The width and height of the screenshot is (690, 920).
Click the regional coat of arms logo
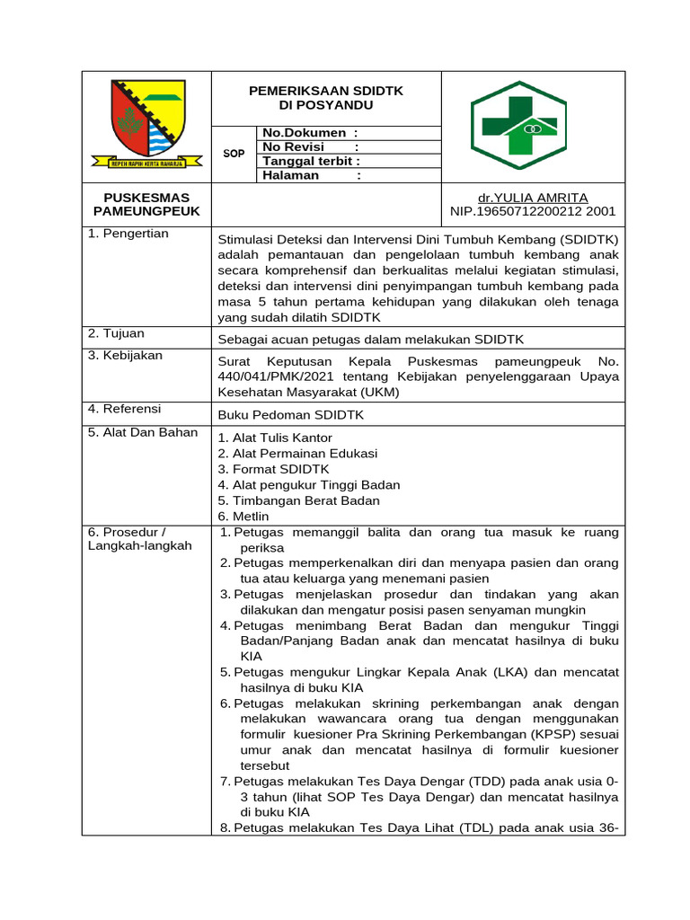pos(146,125)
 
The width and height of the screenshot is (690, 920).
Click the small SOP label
pos(234,154)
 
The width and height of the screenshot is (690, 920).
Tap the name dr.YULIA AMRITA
pos(532,198)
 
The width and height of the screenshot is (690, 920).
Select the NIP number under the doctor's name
pos(532,212)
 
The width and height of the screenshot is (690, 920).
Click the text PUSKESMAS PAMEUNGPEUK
pos(146,204)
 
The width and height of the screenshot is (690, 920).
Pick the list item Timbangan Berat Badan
pos(298,500)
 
